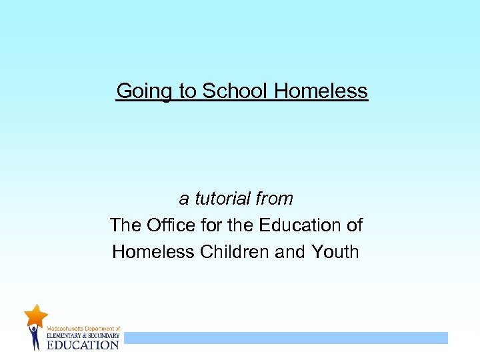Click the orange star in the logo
[36, 315]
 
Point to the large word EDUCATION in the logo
[82, 345]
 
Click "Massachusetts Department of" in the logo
[83, 329]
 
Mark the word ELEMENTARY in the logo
[65, 336]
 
